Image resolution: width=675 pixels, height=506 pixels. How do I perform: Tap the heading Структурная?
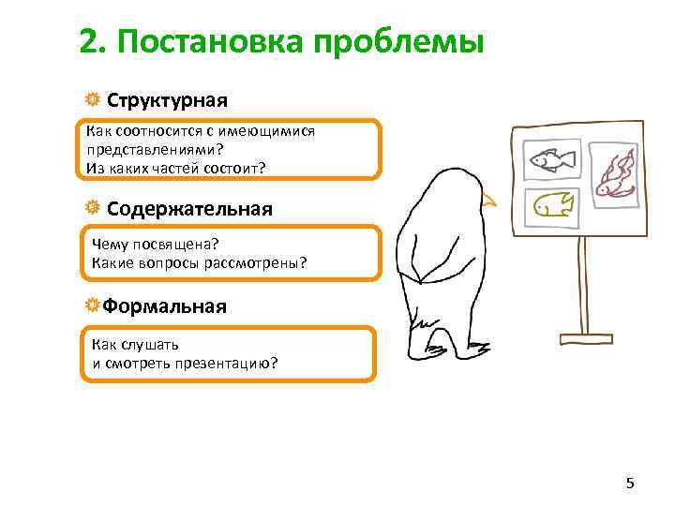(167, 99)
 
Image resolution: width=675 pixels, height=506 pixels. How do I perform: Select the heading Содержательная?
(189, 208)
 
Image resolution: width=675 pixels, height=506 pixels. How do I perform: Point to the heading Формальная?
(164, 306)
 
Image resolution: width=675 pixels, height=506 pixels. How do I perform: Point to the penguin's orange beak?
(487, 200)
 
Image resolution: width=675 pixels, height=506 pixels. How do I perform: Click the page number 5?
(630, 484)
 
